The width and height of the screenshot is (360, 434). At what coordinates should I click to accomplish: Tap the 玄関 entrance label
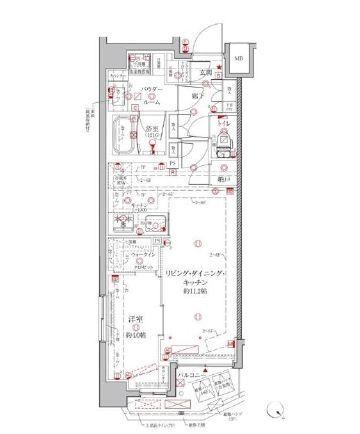[x=203, y=72]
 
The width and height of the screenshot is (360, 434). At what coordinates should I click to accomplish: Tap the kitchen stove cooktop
[x=118, y=222]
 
